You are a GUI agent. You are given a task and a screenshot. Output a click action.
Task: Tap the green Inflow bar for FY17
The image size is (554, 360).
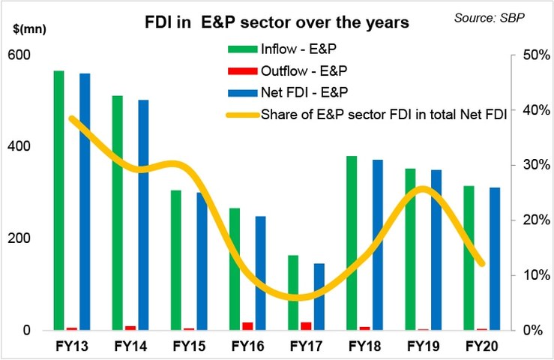click(293, 292)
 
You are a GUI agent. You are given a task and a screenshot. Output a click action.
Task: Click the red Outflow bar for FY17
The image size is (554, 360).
click(306, 325)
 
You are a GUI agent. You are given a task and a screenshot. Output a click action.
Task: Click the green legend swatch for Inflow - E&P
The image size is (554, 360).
click(241, 50)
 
